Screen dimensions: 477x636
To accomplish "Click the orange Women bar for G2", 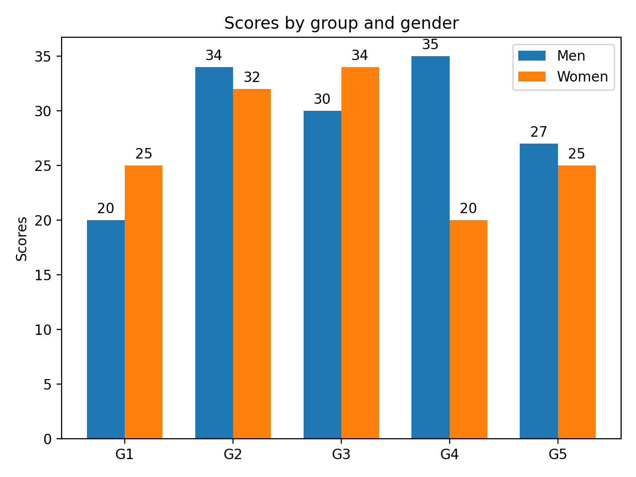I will [252, 263].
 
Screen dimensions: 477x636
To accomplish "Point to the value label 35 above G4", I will [430, 45].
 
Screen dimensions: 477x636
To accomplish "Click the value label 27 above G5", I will [539, 132].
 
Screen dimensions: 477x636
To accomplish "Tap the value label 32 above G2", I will [252, 78].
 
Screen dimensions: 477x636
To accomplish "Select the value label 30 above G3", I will [322, 99].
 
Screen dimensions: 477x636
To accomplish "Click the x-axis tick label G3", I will [341, 454].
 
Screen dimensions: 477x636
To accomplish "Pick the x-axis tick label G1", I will [124, 454].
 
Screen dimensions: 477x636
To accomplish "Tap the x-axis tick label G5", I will [557, 454].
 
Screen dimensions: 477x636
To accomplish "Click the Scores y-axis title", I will [22, 238].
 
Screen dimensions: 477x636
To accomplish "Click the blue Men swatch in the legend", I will [532, 56].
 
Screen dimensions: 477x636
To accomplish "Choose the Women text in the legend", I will [582, 77].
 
